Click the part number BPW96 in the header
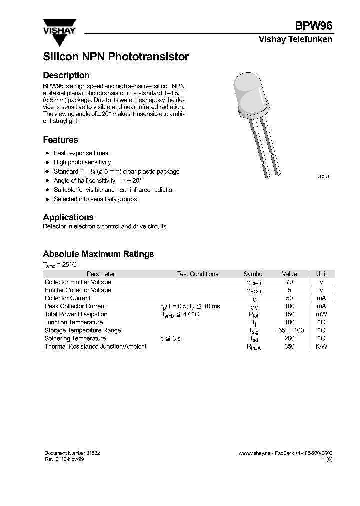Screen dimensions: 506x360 pos(314,27)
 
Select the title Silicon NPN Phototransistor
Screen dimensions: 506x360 pos(116,57)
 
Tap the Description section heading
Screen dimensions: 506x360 pos(66,75)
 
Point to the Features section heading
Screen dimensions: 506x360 pos(60,140)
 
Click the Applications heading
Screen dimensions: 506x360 pos(68,217)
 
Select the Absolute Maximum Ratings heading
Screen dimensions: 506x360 pos(98,254)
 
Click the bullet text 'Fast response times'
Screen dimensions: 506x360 pos(81,153)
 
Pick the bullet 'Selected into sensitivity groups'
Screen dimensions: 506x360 pos(95,199)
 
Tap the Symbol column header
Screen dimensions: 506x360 pos(253,274)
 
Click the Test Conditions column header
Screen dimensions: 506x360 pos(197,274)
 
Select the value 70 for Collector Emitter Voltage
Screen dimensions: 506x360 pos(289,282)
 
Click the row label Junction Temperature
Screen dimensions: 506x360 pos(74,322)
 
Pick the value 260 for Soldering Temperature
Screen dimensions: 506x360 pos(289,338)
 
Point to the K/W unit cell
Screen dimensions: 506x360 pos(321,346)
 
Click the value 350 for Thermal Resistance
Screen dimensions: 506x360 pos(289,346)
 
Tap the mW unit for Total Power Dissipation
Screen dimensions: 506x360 pos(321,314)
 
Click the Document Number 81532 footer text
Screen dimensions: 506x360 pos(72,452)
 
